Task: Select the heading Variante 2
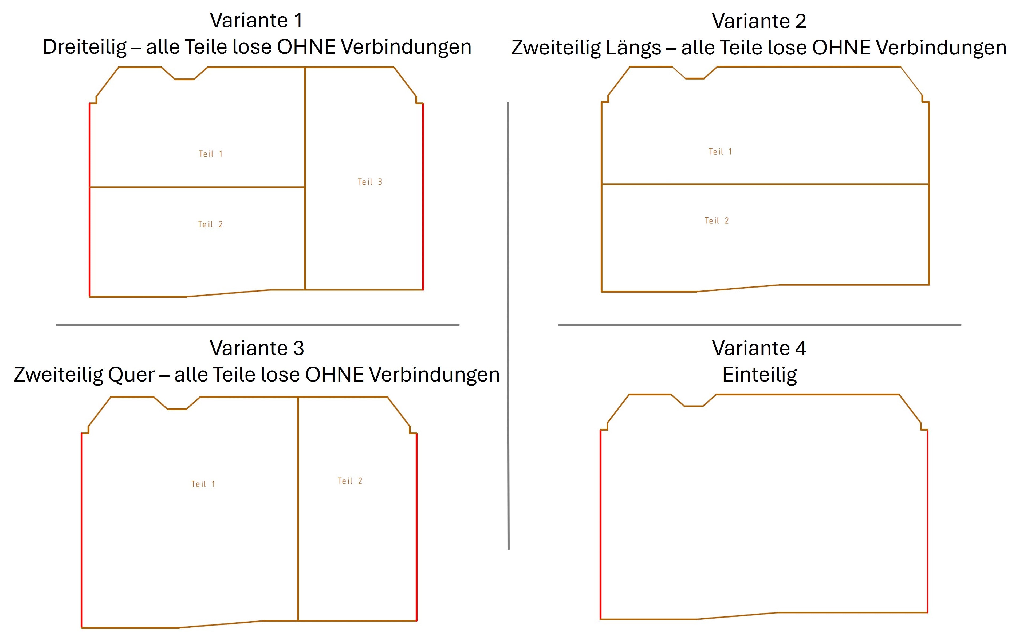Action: (x=759, y=21)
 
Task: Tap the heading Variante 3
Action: (x=257, y=348)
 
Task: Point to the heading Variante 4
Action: (x=759, y=348)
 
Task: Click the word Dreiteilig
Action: (x=85, y=47)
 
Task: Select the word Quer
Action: (x=131, y=374)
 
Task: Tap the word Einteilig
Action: (x=759, y=375)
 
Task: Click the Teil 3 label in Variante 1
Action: (x=370, y=182)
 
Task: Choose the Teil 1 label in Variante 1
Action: (x=211, y=154)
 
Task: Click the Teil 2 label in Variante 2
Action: (x=717, y=221)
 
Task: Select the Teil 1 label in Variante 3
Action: (x=203, y=484)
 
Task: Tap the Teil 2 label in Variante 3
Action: (x=350, y=481)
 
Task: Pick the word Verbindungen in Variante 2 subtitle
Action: (x=941, y=48)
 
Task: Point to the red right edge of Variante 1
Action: (x=423, y=196)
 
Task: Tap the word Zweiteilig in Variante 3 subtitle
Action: (x=58, y=374)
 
